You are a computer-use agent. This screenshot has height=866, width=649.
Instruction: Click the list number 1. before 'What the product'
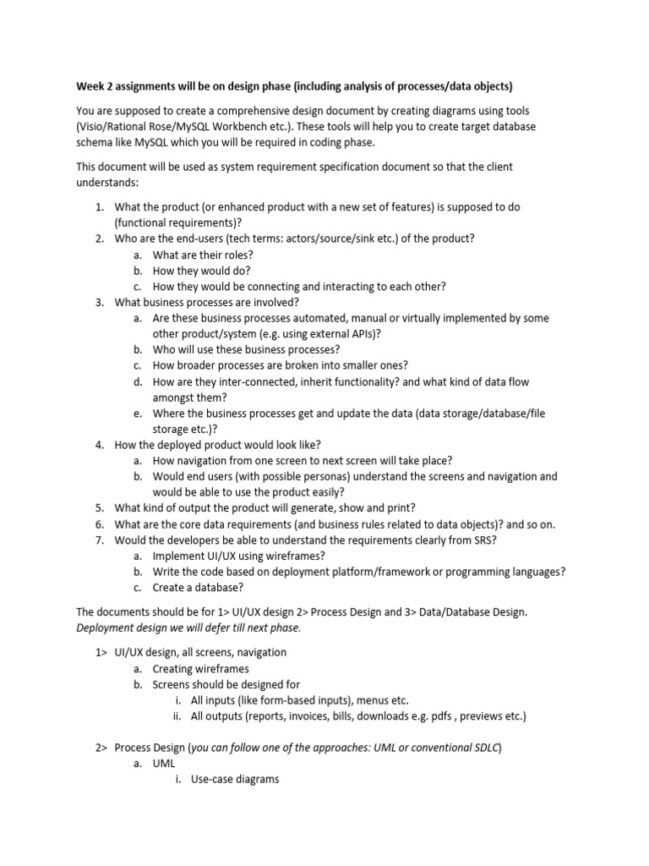99,207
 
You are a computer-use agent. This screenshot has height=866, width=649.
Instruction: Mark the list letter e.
137,414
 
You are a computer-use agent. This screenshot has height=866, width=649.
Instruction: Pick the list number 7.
99,540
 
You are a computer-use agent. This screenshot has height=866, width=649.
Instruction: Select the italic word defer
208,628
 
